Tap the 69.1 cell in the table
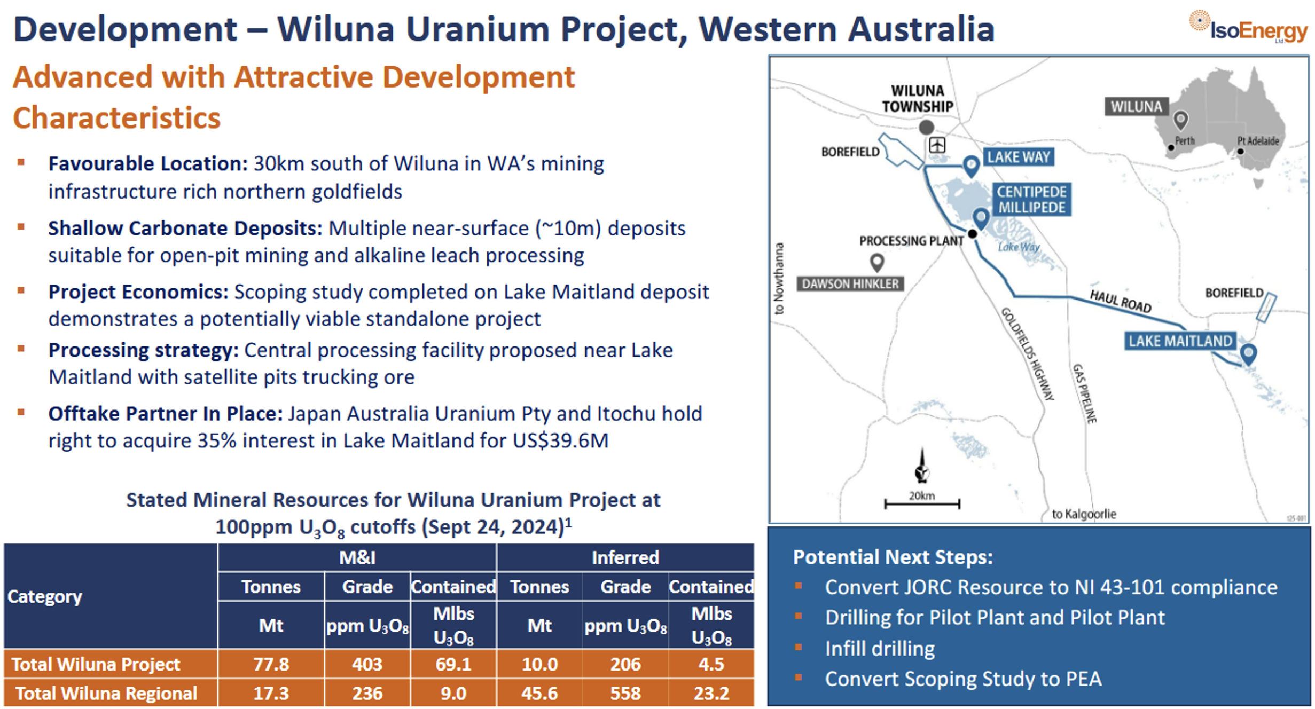click(x=453, y=664)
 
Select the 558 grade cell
click(x=625, y=693)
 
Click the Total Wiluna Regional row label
click(x=106, y=693)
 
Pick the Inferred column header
click(x=625, y=557)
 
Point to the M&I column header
click(x=357, y=557)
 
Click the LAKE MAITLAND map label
click(x=1179, y=341)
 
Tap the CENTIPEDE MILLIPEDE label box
click(x=1031, y=200)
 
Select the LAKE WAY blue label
click(x=1018, y=157)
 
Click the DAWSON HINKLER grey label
click(x=850, y=283)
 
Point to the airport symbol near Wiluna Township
click(x=937, y=145)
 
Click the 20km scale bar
click(x=922, y=503)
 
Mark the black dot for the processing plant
click(x=973, y=234)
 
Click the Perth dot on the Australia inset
click(x=1171, y=148)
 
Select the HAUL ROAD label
click(x=1120, y=301)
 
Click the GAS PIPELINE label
click(x=1084, y=393)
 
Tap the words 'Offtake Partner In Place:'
click(x=165, y=414)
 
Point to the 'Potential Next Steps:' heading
click(x=893, y=557)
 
